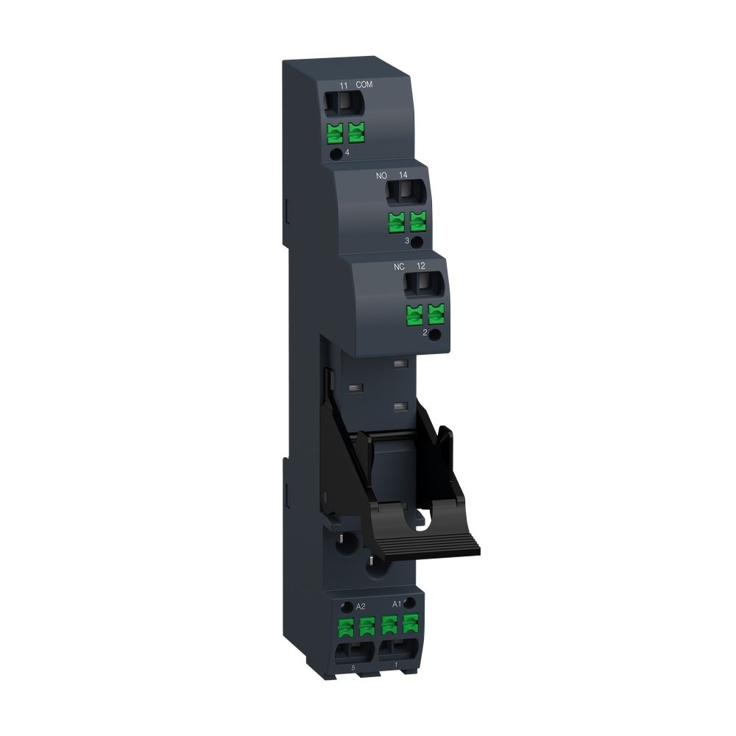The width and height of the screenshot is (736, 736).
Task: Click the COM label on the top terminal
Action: tap(364, 85)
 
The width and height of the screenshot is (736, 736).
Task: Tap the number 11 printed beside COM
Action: tap(343, 86)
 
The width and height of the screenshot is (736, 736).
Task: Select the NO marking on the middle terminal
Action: tap(381, 175)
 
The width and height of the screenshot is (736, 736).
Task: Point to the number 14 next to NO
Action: tap(403, 175)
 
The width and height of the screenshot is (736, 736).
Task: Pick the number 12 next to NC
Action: tap(421, 265)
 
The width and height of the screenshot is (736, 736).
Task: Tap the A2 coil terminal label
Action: tap(361, 606)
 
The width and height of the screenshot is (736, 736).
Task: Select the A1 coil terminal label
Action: tap(397, 604)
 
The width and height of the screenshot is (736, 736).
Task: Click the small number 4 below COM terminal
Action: tap(347, 152)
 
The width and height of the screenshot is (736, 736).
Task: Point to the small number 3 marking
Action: tap(406, 241)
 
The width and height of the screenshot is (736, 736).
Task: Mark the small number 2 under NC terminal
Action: tap(425, 333)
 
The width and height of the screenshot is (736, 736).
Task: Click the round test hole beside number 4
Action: tap(336, 153)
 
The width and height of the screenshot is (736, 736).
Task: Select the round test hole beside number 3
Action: tap(417, 242)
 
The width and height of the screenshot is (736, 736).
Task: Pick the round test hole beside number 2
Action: tap(435, 335)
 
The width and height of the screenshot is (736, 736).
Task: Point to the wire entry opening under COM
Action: tap(344, 105)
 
